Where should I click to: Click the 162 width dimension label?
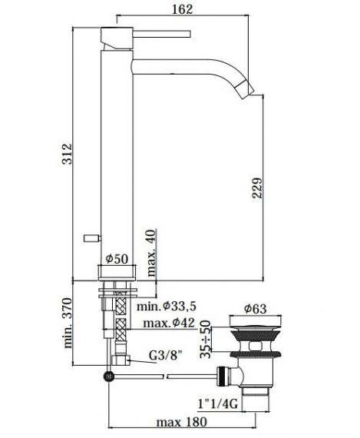[182, 9]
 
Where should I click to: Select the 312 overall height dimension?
[67, 154]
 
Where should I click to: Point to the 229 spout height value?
[257, 188]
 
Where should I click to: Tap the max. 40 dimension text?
[151, 253]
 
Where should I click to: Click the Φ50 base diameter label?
[117, 259]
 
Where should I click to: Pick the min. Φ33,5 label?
[167, 307]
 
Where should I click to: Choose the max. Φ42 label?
[169, 323]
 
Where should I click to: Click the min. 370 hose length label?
[68, 324]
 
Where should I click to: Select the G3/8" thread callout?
[166, 356]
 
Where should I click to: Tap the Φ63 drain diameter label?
[256, 309]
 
